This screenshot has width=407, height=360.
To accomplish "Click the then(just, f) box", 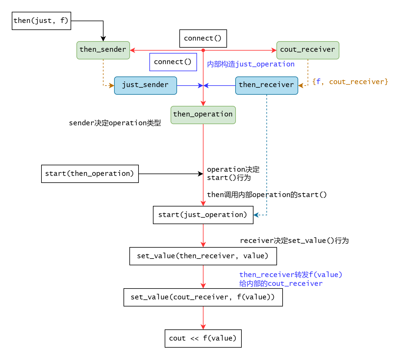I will (41, 21).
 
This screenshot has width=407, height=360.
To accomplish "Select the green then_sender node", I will (103, 50).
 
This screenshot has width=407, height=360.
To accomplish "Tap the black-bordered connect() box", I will (203, 38).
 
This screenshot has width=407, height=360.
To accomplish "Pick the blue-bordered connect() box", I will (173, 62).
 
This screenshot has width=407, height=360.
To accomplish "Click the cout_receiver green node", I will (308, 50).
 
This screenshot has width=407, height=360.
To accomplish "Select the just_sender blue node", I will (145, 85).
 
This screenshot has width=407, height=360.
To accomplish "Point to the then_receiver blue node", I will (266, 85).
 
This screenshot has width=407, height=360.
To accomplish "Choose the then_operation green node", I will (203, 115).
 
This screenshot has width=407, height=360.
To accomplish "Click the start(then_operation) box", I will (90, 174).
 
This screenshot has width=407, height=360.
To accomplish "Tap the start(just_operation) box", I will (203, 215).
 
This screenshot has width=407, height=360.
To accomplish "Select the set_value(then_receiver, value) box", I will (203, 256).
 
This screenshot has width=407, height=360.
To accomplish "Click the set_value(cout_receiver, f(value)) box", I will (203, 297).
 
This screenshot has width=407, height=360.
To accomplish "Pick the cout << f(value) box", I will (203, 338).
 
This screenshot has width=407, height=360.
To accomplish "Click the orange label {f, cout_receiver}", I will (350, 82).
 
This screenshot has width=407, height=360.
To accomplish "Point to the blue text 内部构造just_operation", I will (251, 64).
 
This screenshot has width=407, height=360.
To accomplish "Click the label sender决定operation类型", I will (115, 123).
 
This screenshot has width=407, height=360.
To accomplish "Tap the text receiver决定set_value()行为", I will (294, 241).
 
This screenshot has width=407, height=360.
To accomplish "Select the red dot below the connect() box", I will (203, 50).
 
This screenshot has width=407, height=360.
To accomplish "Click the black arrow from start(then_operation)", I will (171, 174).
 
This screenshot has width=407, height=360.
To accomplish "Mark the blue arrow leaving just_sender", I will (190, 86).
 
